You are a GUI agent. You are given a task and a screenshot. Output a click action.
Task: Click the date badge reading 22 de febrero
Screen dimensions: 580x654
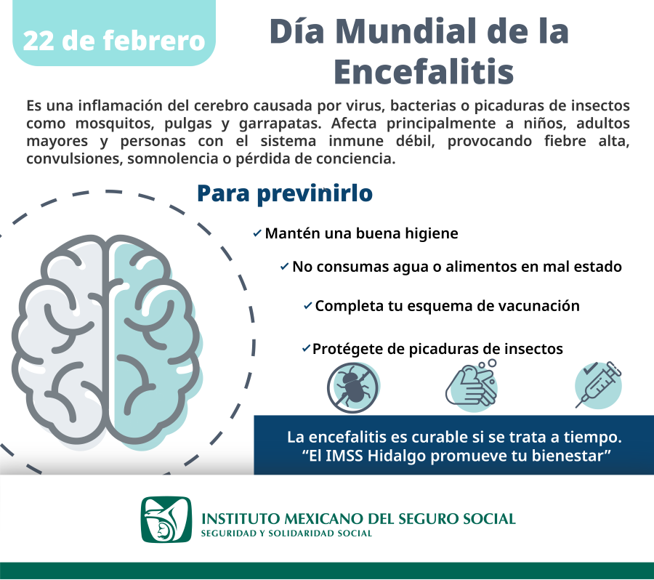tap(114, 40)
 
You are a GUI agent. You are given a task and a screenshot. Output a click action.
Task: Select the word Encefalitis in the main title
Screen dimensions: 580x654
tap(423, 72)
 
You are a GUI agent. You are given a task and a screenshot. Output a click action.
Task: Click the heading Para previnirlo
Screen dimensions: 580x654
tap(285, 193)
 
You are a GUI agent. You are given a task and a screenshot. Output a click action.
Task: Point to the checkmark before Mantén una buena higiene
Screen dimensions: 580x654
tap(257, 234)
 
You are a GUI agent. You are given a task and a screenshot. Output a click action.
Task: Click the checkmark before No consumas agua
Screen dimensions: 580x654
tap(284, 267)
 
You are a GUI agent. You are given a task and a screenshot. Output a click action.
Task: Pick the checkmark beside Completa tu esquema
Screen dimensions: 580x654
tap(308, 306)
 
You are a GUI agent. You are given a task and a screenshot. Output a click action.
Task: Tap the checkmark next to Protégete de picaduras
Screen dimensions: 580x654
tap(306, 349)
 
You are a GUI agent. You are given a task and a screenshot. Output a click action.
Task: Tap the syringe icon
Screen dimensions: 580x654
tap(598, 384)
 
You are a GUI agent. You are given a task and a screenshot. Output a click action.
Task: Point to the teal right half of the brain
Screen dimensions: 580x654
tap(156, 342)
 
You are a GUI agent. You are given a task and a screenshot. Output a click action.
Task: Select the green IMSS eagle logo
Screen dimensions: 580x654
tap(166, 520)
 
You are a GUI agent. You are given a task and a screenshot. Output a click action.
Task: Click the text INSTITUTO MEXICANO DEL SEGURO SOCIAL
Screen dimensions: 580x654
tap(358, 519)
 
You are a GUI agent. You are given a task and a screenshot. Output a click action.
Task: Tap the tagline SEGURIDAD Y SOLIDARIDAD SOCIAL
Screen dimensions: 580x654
tap(286, 533)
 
